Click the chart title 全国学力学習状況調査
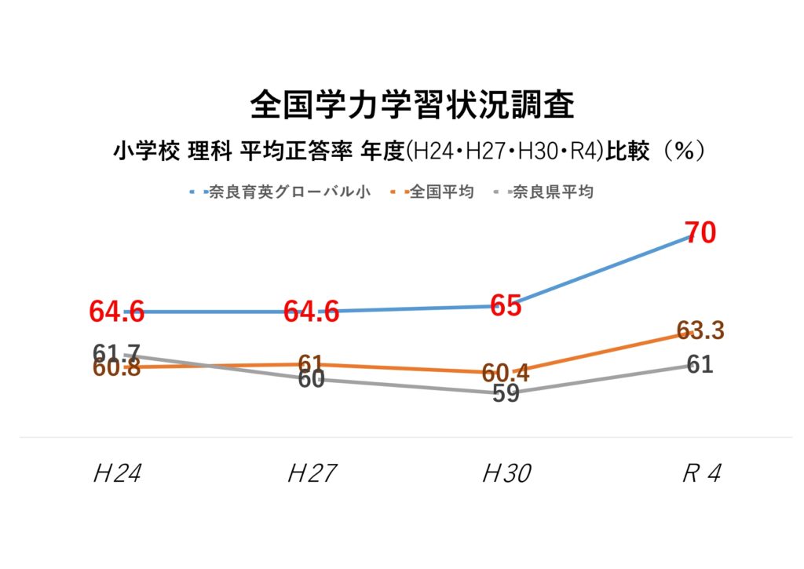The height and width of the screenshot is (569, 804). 411,105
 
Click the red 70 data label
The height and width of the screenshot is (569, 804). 700,234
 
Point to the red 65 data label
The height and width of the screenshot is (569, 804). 506,306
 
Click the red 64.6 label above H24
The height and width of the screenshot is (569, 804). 117,312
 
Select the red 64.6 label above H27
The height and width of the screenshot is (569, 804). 311,312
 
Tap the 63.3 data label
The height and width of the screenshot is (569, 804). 700,331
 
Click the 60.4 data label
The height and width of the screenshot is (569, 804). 506,374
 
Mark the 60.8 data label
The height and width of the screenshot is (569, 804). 117,367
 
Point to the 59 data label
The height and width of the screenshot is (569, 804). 506,393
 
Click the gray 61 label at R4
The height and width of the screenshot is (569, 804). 700,364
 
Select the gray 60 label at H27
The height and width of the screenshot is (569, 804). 311,380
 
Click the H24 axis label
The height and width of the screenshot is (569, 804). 117,473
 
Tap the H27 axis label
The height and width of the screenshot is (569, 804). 311,473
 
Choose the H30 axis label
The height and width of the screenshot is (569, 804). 506,473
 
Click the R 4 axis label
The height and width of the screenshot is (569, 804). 700,473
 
